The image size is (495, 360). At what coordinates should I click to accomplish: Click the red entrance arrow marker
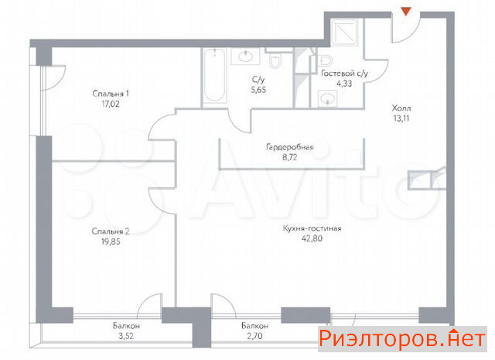tap(406, 12)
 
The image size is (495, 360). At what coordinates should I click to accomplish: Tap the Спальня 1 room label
tap(111, 94)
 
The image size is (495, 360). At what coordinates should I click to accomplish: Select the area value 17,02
tap(111, 104)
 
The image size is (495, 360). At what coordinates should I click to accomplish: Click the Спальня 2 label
tap(111, 231)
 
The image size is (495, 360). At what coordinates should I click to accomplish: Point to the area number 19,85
tap(111, 242)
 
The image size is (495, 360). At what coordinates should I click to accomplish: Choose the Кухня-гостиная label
tap(312, 228)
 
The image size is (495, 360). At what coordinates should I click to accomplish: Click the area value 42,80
tap(312, 238)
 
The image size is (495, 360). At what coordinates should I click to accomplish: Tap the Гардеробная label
tap(290, 147)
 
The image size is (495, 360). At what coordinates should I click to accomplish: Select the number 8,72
tap(290, 157)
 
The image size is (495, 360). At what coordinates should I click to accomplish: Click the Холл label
tap(401, 108)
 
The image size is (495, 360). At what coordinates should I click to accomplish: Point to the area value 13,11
tap(401, 118)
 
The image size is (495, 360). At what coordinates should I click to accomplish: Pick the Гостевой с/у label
tap(344, 74)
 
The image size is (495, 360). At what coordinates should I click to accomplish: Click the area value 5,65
tap(258, 90)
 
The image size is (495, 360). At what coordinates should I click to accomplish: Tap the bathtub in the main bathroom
tap(215, 75)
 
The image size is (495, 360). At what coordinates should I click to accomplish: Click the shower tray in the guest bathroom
tap(344, 33)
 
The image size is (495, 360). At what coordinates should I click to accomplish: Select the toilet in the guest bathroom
tap(324, 60)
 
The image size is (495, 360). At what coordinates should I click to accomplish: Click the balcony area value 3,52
tap(126, 336)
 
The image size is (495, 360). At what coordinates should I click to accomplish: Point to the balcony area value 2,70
tap(254, 336)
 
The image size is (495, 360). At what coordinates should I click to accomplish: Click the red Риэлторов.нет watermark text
tap(402, 338)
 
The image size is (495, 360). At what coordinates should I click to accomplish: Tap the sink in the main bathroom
tap(245, 57)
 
